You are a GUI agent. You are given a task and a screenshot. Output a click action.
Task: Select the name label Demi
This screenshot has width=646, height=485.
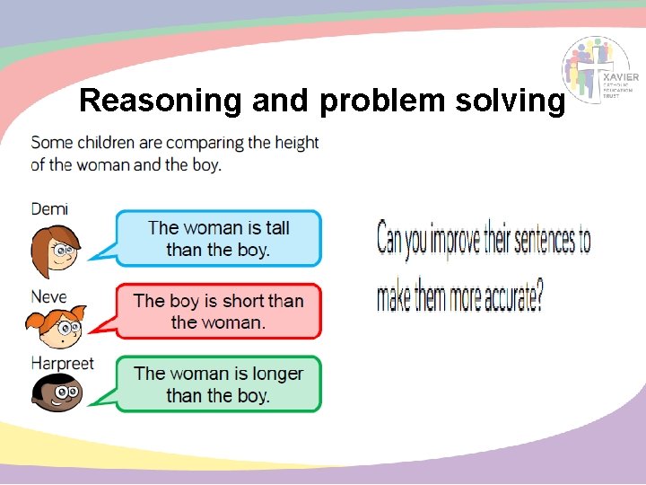(49, 208)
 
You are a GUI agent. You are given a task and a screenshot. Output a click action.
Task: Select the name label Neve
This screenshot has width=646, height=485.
(48, 296)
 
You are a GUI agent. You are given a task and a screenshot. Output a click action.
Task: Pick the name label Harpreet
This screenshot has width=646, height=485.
(62, 364)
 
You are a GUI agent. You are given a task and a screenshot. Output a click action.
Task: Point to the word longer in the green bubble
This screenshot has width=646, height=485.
(272, 373)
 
